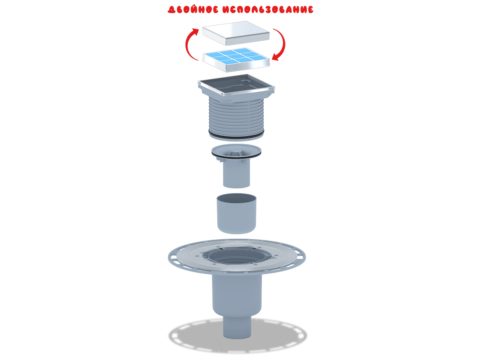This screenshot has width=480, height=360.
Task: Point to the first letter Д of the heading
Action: coord(171,10)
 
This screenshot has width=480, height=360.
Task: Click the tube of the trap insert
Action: coord(236,174)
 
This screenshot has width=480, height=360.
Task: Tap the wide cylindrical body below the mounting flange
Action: coord(236,296)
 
